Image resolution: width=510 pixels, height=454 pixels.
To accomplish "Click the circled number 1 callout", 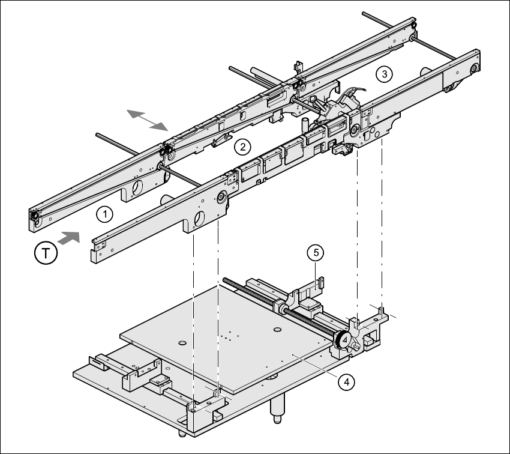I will coord(104,213).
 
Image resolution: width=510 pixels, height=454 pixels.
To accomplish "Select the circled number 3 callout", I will coord(384,74).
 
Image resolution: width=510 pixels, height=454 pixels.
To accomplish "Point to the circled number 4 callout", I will coord(346,381).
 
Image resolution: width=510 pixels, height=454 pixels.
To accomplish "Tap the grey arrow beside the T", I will coord(70,237).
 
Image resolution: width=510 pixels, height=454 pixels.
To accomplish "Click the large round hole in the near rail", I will coord(199,217).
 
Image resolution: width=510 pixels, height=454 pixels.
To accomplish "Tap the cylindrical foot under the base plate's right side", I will coord(277,410).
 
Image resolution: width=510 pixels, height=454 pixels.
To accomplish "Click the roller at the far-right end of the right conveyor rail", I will coord(475,68).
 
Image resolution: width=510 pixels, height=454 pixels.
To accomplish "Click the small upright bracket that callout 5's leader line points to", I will coord(320,282).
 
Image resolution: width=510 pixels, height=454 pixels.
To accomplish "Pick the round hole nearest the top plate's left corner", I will coord(181,342).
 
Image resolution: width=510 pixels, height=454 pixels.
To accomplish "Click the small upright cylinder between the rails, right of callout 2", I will coord(304,124).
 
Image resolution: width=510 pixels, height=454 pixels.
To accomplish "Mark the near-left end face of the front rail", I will coord(94,252).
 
